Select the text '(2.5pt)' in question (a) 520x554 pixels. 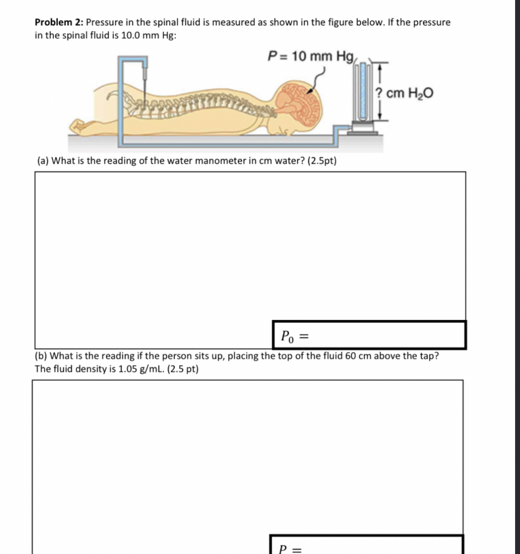coord(322,161)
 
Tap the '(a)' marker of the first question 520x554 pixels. coord(43,161)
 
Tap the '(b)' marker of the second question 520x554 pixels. coord(42,356)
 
